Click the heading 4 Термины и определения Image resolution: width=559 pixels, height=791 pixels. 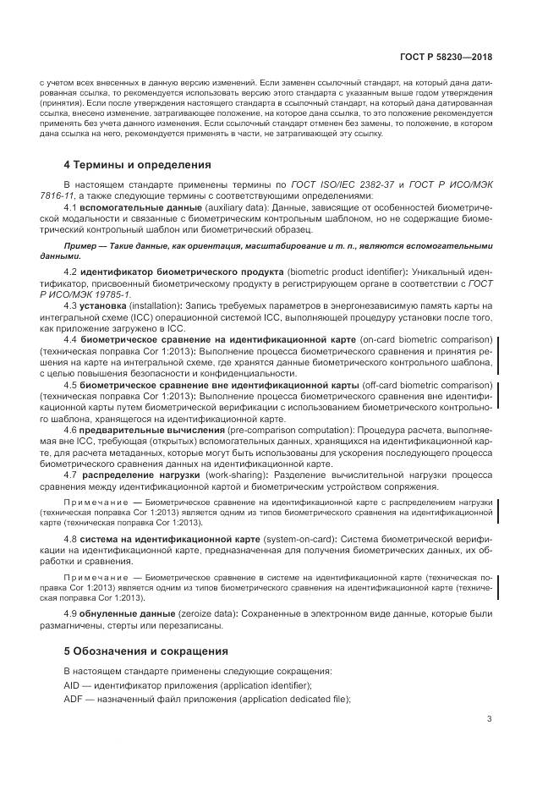[x=138, y=164]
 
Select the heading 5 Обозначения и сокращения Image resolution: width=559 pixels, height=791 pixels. [x=146, y=651]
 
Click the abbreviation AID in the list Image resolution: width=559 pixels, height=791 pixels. [x=74, y=684]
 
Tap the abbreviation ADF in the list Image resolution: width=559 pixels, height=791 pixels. [x=74, y=699]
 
